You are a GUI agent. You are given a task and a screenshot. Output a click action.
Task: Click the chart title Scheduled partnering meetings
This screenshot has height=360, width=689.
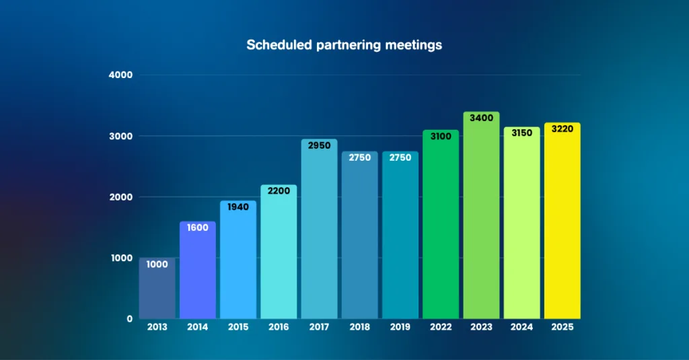(x=344, y=45)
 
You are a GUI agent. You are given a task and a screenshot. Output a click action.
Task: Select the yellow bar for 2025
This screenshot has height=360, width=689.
(x=562, y=222)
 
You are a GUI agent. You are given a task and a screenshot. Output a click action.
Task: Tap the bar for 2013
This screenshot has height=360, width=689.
(x=157, y=289)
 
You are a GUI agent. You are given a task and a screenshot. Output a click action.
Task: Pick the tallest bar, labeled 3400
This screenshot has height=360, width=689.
(x=481, y=215)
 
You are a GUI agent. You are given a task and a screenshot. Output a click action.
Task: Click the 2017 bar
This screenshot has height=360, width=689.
(x=319, y=229)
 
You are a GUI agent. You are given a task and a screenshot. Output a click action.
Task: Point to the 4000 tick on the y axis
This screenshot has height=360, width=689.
(x=120, y=75)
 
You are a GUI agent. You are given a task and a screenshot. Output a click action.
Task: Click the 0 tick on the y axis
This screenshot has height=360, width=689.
(x=129, y=318)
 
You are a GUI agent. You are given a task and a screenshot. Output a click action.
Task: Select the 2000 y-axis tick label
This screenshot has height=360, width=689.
(x=120, y=196)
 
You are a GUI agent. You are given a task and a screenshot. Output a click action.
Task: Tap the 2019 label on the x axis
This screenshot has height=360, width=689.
(x=400, y=327)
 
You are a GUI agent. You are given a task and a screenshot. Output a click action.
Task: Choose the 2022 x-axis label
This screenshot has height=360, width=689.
(x=441, y=327)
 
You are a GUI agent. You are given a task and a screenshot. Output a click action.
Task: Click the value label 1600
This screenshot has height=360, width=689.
(x=197, y=227)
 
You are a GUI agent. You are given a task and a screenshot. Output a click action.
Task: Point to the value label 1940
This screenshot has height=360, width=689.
(x=238, y=207)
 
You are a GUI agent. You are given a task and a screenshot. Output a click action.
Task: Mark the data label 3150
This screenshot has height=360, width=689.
(x=521, y=133)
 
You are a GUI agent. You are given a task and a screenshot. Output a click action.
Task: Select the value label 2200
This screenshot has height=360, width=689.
(x=279, y=190)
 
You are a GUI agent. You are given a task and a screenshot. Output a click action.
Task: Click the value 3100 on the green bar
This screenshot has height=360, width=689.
(x=441, y=136)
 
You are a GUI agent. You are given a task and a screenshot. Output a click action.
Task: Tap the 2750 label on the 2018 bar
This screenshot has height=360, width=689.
(x=359, y=157)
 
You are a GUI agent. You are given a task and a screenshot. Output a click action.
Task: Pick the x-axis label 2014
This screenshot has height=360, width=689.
(x=197, y=327)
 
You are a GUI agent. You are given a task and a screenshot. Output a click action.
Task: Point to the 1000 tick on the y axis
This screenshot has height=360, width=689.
(x=120, y=258)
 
